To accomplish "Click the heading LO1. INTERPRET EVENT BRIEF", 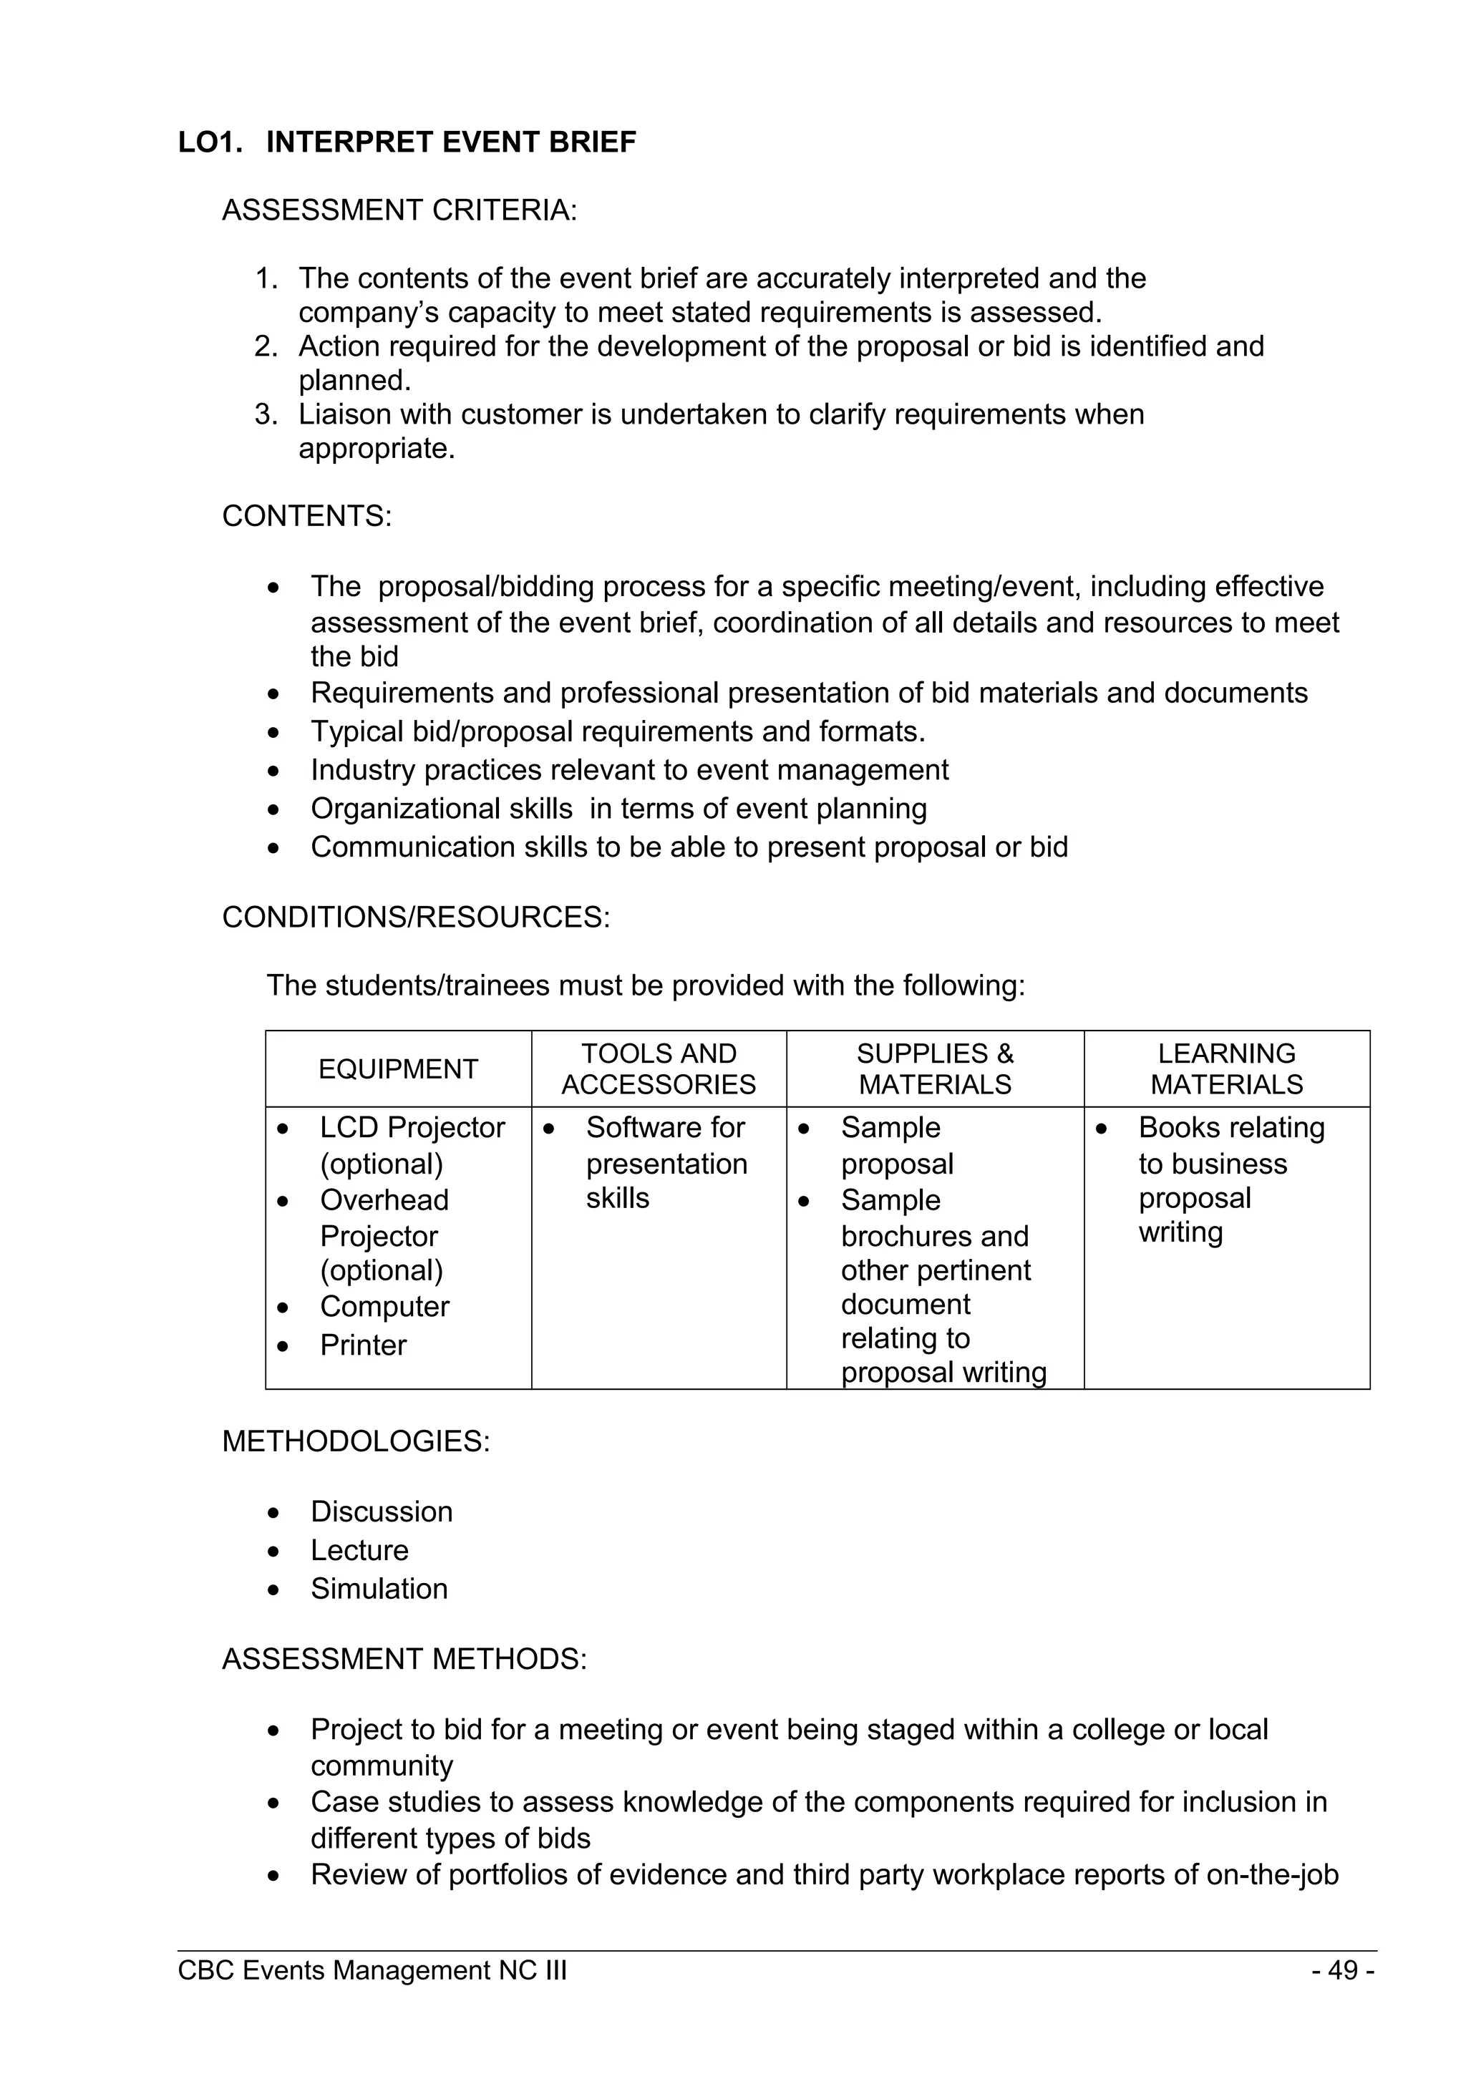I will coord(407,142).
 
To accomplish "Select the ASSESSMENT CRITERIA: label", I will coord(399,210).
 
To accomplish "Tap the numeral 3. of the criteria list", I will coord(266,414).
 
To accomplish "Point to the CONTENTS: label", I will coord(307,516).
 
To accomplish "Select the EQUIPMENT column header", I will coord(397,1068).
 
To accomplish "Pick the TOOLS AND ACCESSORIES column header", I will coord(659,1068).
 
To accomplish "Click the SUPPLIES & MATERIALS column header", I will coord(935,1068).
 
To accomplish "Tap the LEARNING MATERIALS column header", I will coord(1227,1068).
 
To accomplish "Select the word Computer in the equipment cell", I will coord(384,1306).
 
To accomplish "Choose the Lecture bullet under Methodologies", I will coord(359,1550).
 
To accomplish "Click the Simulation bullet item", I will coord(379,1589).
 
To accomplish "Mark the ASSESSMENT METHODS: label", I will coord(404,1660).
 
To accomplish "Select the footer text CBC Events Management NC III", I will coord(372,1970).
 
